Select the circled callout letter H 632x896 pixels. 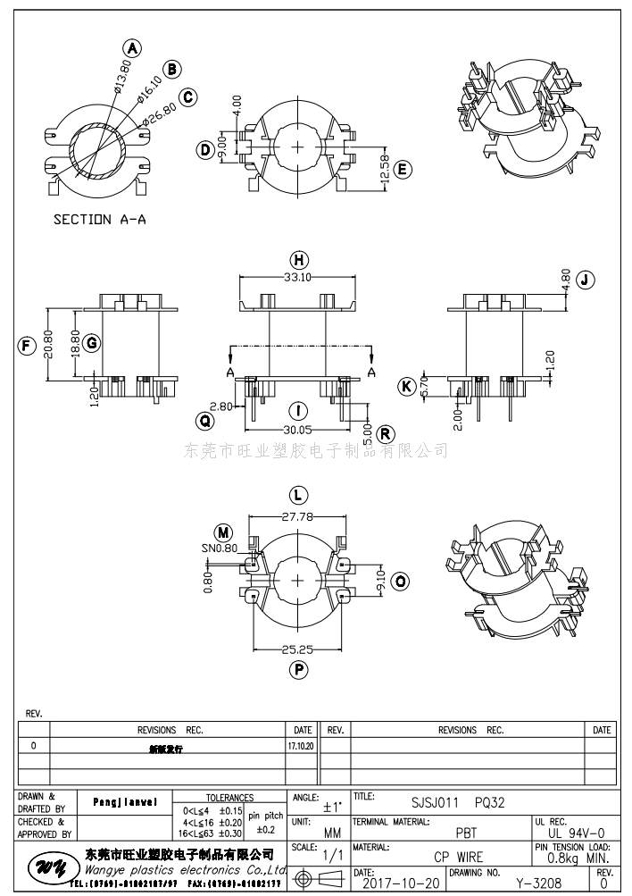click(300, 260)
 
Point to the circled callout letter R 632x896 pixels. click(386, 434)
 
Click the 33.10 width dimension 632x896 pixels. click(299, 278)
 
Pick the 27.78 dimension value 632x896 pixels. click(298, 516)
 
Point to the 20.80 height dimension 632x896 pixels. click(49, 344)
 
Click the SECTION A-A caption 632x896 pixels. click(99, 219)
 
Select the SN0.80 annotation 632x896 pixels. click(220, 548)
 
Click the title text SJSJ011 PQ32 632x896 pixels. click(458, 802)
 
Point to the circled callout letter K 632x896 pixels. click(407, 387)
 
